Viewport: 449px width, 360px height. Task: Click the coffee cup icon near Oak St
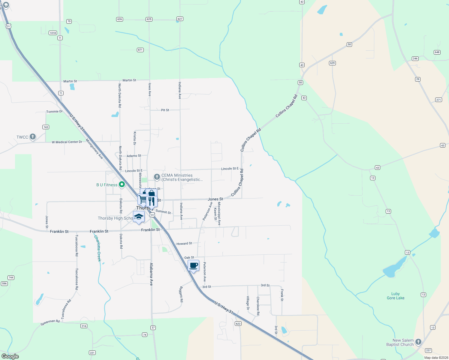(x=194, y=265)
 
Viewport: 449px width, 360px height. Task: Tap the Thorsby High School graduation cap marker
(x=139, y=217)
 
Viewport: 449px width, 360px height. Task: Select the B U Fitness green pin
(x=122, y=184)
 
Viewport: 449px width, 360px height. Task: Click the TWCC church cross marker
(x=33, y=137)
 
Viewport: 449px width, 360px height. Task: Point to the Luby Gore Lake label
(x=396, y=296)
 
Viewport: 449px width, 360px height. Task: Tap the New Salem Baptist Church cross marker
(x=418, y=342)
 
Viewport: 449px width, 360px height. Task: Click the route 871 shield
(x=140, y=50)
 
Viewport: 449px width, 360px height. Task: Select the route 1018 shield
(x=53, y=33)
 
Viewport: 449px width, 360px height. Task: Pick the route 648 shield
(x=437, y=52)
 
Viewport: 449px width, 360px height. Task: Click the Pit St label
(x=165, y=110)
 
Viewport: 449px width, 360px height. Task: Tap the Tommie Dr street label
(x=54, y=112)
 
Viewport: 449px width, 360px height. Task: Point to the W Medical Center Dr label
(x=67, y=142)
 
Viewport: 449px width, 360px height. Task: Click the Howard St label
(x=184, y=244)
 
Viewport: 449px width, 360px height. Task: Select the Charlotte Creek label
(x=98, y=248)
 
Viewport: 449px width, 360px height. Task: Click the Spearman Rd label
(x=50, y=322)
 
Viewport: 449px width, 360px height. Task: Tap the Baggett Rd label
(x=181, y=294)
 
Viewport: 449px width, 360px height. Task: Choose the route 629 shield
(x=332, y=63)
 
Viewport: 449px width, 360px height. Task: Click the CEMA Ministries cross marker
(x=157, y=177)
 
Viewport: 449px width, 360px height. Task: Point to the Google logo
(x=10, y=356)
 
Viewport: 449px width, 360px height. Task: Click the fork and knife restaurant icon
(x=152, y=201)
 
